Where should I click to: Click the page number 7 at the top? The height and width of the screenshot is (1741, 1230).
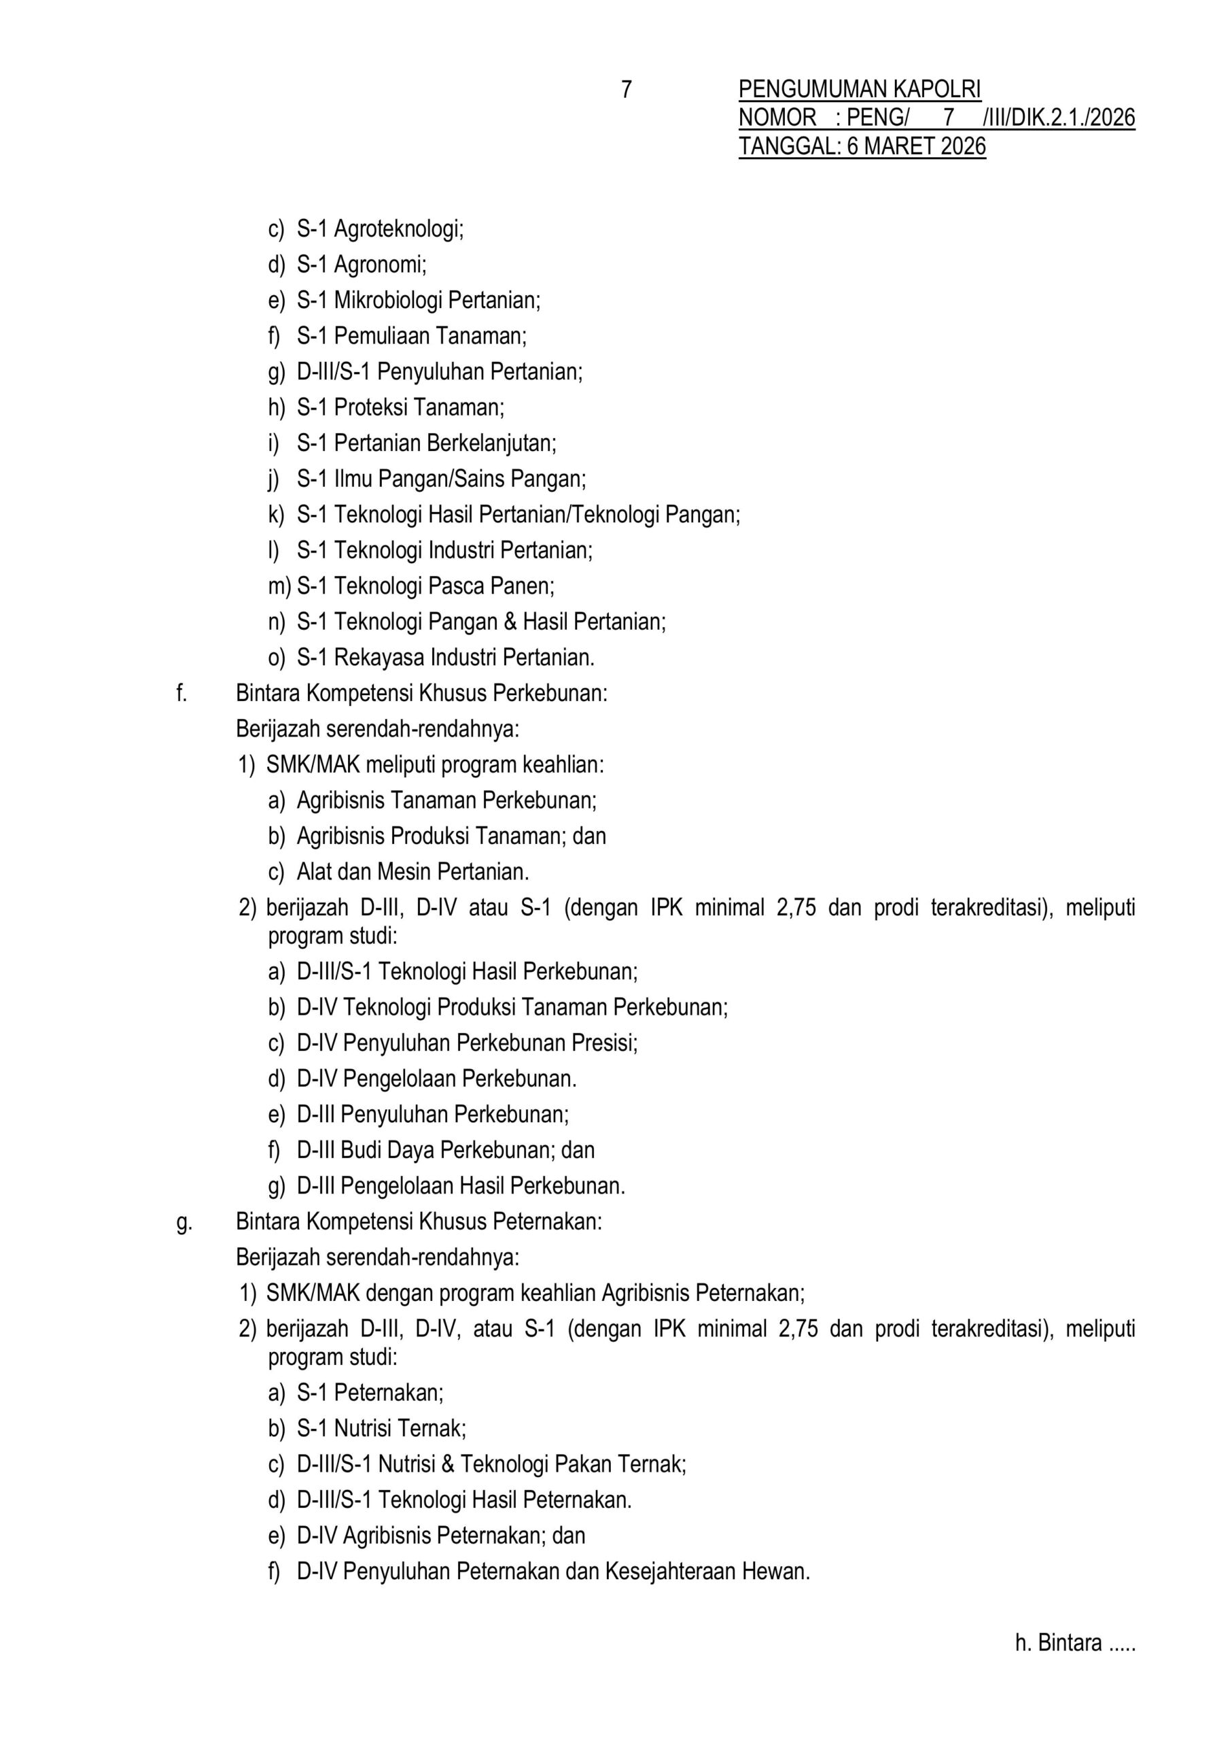tap(626, 90)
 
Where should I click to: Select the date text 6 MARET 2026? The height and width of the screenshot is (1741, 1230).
tap(916, 146)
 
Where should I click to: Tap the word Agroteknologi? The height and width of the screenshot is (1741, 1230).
tap(399, 229)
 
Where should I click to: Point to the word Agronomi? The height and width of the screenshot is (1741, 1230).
tap(381, 265)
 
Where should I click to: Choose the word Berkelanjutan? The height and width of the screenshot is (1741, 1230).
tap(492, 443)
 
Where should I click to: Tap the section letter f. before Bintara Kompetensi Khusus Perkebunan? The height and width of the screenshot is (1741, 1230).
tap(181, 693)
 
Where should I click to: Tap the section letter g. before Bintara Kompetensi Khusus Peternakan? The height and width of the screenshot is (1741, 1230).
tap(183, 1222)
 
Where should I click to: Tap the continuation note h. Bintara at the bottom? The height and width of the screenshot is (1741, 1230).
tap(1074, 1643)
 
